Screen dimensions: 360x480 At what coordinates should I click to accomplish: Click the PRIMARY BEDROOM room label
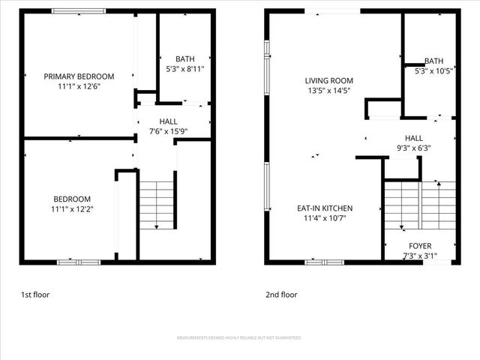79,76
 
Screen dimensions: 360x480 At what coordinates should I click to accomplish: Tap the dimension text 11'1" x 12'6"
79,86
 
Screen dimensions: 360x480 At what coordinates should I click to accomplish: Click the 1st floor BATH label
184,59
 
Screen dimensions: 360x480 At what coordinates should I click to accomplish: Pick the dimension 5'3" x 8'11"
184,69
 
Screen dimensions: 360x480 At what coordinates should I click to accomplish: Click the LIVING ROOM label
328,81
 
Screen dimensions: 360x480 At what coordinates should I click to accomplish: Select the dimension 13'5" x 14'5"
328,91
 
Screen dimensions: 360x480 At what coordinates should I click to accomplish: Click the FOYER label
420,246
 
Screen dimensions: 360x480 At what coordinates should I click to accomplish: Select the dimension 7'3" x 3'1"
420,256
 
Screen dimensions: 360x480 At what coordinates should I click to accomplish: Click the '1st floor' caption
36,295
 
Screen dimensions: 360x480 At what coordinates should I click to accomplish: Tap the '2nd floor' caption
281,295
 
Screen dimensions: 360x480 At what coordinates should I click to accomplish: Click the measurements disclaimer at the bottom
239,338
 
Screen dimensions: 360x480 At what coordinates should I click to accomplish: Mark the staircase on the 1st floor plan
156,204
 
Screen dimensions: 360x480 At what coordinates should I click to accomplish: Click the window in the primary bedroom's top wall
78,11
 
